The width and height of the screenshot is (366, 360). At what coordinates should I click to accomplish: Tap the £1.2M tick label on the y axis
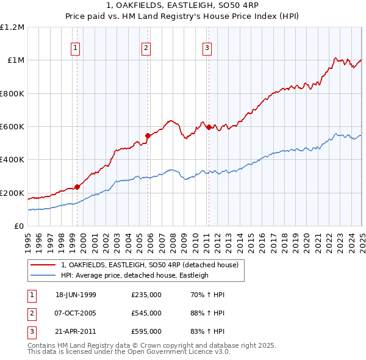[12, 27]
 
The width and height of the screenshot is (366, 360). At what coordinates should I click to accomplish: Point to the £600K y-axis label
[12, 127]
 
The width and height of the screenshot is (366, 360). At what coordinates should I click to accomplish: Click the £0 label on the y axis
[20, 226]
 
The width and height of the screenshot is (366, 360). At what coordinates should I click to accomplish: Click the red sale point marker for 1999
[77, 187]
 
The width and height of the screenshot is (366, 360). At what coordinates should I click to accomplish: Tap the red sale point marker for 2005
[148, 135]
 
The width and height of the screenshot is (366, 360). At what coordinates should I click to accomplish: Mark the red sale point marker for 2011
[209, 128]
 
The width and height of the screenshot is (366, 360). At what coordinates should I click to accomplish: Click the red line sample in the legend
[43, 265]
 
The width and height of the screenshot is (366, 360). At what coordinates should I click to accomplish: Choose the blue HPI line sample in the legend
[43, 275]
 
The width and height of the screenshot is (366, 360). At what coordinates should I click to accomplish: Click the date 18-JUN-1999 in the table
[76, 295]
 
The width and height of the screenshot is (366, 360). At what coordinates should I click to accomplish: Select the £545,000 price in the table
[146, 314]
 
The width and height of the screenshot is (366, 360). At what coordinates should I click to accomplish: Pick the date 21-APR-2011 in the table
[76, 332]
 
